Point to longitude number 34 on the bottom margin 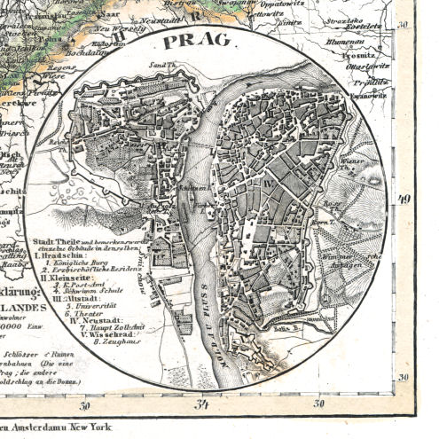(x=202, y=406)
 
